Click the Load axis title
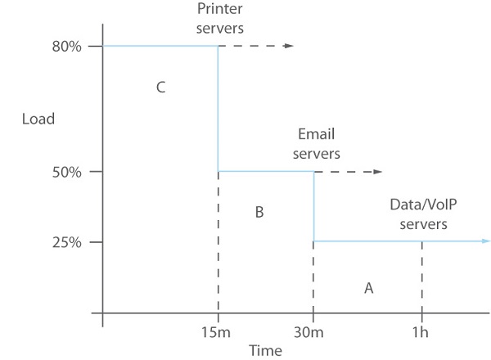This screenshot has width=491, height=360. click(38, 119)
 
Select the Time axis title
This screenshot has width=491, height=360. click(265, 350)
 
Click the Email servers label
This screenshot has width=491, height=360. click(317, 144)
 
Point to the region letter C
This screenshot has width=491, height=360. click(161, 88)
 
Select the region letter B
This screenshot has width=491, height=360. click(259, 213)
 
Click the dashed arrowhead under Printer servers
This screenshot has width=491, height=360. click(288, 46)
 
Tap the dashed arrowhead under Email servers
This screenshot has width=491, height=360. click(378, 172)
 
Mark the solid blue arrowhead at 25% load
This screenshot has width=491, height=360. click(486, 241)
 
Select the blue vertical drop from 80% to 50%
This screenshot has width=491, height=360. click(218, 109)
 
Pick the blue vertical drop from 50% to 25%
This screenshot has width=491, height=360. click(313, 206)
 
